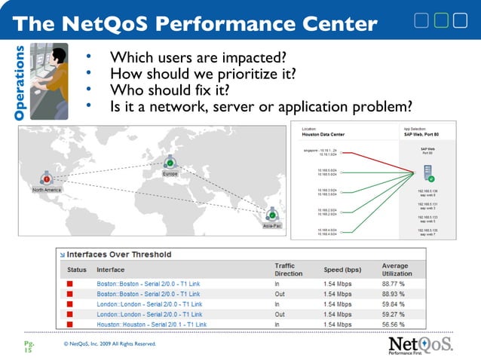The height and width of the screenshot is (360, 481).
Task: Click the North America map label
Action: click(47, 191)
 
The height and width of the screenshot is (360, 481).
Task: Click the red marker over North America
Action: click(47, 179)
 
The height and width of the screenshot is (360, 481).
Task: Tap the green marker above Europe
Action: click(170, 162)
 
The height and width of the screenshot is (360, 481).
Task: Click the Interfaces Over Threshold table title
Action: click(121, 254)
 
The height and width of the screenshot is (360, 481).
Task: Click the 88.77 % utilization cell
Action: click(398, 283)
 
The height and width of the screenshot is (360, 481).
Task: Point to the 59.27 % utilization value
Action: click(398, 314)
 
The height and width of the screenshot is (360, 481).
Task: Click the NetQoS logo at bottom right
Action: click(421, 344)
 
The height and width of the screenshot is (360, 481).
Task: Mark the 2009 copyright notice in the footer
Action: click(111, 344)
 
